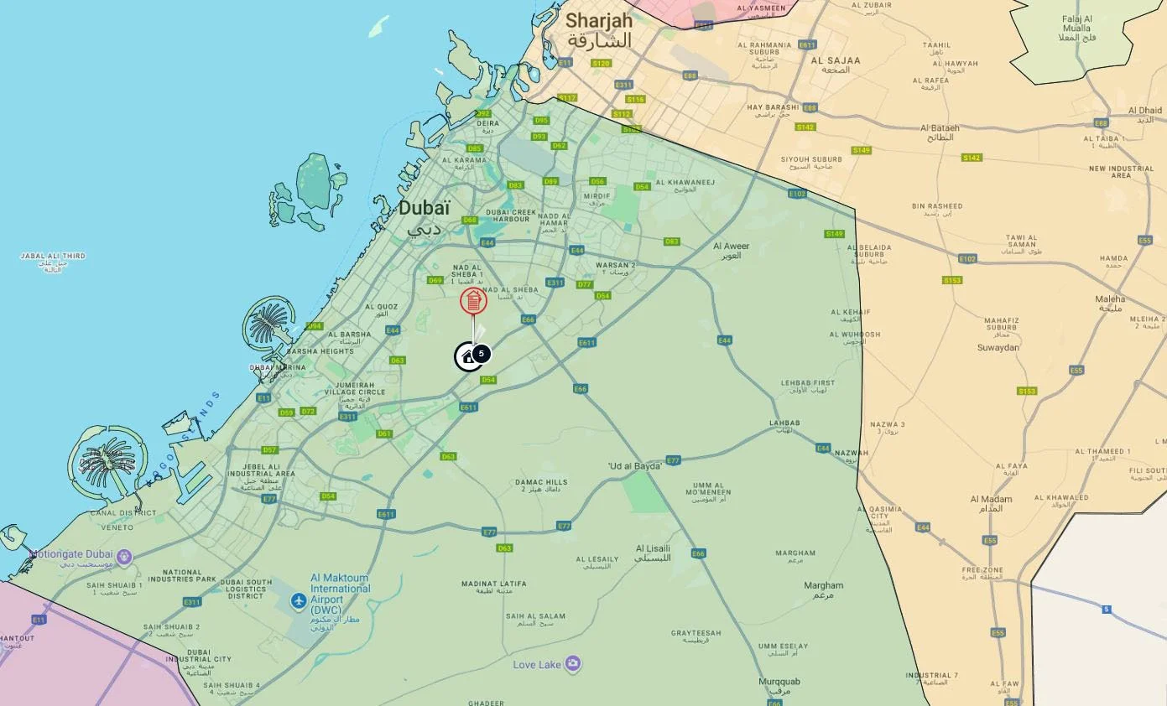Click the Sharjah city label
[x=598, y=21]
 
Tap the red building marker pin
[x=473, y=301]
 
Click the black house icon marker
[x=467, y=357]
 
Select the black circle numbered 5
[x=481, y=354]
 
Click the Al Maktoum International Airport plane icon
[x=299, y=600]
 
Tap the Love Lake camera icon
[x=573, y=664]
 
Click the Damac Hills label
[x=541, y=482]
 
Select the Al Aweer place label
[x=731, y=247]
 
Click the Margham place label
[x=795, y=553]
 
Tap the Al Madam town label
[x=991, y=499]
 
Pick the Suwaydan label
[x=998, y=347]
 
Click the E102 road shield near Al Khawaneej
[x=797, y=195]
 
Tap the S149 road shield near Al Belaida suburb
[x=834, y=234]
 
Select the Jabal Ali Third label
[x=53, y=257]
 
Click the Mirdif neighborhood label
[x=597, y=196]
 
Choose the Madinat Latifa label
[x=494, y=584]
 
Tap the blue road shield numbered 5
[x=1107, y=610]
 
